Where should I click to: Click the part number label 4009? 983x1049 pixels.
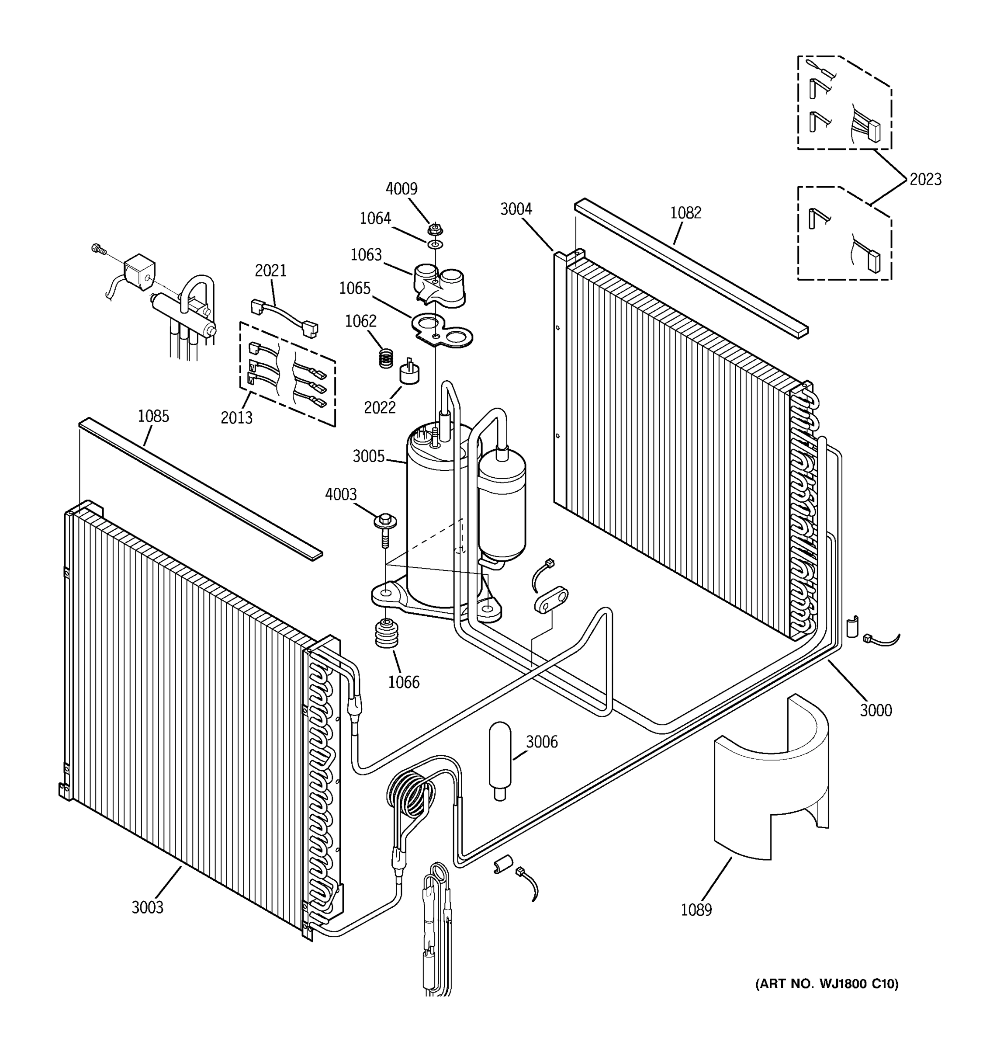click(x=402, y=189)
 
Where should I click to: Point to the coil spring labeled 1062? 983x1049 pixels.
click(x=387, y=358)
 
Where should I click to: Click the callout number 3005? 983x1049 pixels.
click(x=369, y=456)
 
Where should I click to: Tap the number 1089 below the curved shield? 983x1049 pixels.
click(x=696, y=910)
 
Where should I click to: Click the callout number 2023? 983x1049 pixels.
click(x=925, y=180)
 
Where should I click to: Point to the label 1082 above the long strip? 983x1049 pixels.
click(x=685, y=213)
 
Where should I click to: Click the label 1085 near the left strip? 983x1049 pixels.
click(x=153, y=417)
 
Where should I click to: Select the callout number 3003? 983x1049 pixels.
click(x=148, y=907)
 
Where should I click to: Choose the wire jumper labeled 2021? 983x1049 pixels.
click(x=283, y=316)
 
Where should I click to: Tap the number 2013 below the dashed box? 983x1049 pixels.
click(x=236, y=417)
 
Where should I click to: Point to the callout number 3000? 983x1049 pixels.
click(x=876, y=710)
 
